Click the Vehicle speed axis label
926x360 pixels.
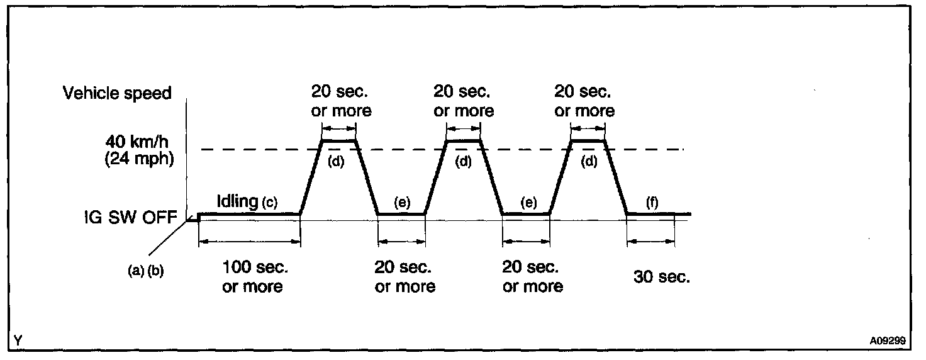116,94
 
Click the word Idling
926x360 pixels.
237,201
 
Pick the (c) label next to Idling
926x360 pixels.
269,203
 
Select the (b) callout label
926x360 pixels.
155,273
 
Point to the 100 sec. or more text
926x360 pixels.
255,277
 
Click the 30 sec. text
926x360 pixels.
661,277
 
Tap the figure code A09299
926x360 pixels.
888,340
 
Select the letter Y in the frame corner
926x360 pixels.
18,340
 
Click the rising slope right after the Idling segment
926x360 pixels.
311,178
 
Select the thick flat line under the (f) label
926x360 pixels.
657,214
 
